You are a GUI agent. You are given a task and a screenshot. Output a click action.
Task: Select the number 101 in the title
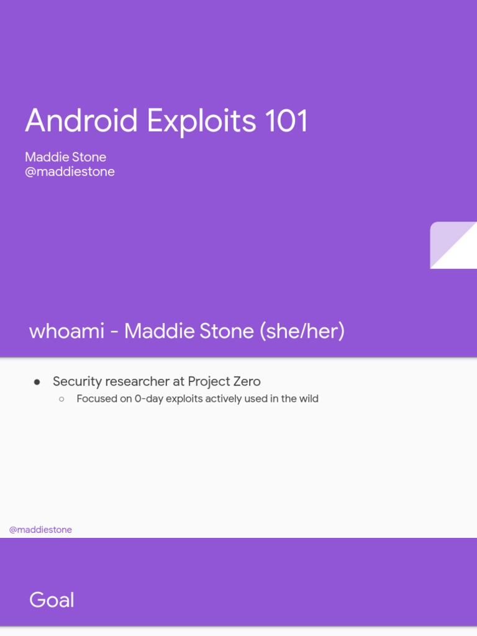click(x=286, y=120)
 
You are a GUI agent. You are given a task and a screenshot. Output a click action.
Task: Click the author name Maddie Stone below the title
click(x=65, y=157)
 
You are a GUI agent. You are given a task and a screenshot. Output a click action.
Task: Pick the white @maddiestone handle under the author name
click(x=70, y=172)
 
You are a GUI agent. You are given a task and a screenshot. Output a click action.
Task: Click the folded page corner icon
click(x=453, y=245)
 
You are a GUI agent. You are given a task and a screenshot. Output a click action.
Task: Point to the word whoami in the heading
click(x=66, y=331)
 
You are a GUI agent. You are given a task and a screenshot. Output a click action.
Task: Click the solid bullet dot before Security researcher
click(x=37, y=381)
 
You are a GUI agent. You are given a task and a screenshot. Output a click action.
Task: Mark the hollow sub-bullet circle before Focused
click(x=61, y=399)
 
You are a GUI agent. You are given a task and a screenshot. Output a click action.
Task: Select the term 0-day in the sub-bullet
click(x=148, y=399)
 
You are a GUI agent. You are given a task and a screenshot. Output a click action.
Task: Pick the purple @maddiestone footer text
click(x=40, y=530)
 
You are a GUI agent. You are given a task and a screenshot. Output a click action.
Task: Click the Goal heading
click(x=52, y=600)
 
